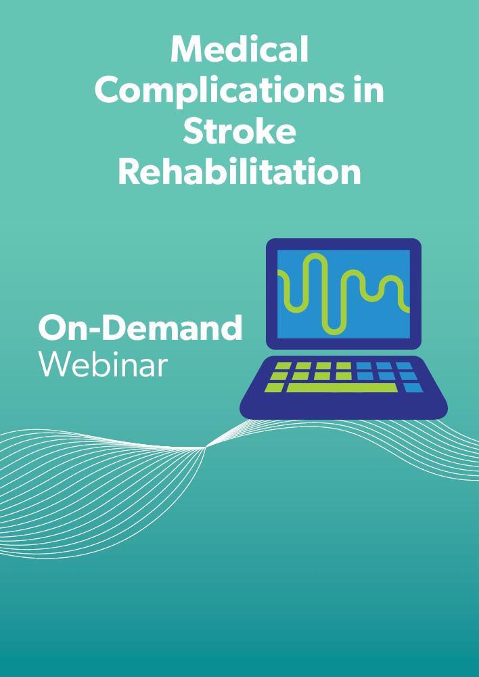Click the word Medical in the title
click(x=239, y=49)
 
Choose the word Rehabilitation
click(x=239, y=172)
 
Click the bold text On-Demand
click(x=140, y=327)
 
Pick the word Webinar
click(x=103, y=365)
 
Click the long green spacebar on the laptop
click(x=342, y=387)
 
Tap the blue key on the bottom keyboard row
click(x=413, y=387)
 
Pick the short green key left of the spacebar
click(x=274, y=387)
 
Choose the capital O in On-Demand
click(x=53, y=327)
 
